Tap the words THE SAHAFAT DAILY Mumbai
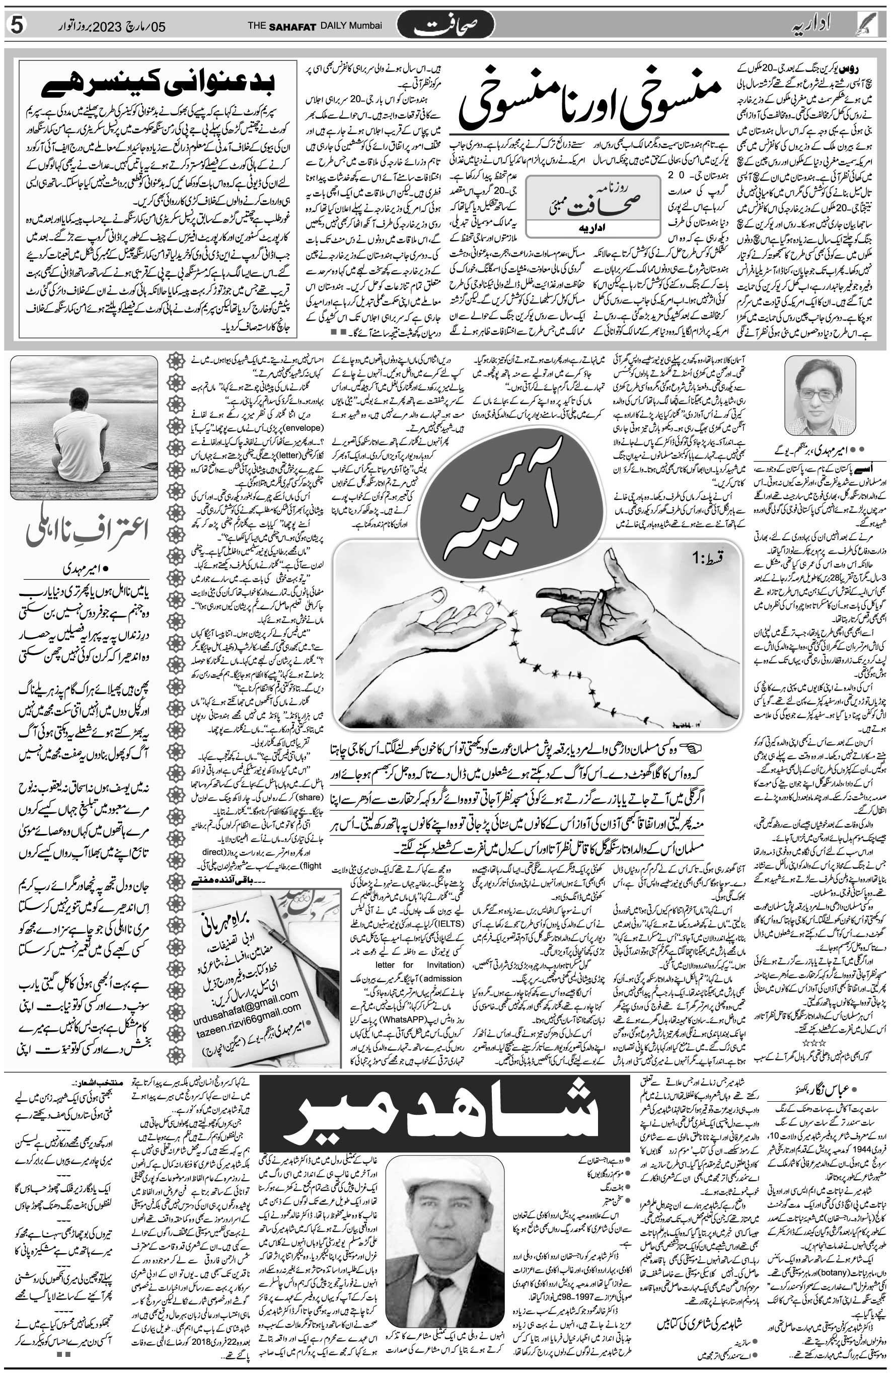tap(315, 26)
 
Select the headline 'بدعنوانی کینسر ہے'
tap(158, 84)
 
